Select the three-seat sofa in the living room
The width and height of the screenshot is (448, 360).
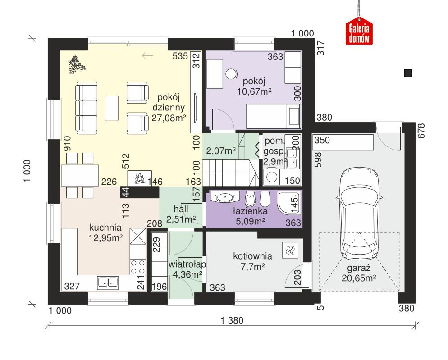[86, 108]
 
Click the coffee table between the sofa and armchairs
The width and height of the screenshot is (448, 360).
[112, 108]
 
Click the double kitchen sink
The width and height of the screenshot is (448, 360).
[108, 283]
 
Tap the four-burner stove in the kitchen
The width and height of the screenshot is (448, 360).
[138, 266]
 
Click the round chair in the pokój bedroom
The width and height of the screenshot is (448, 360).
[232, 73]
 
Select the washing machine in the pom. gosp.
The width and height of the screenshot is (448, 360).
[272, 177]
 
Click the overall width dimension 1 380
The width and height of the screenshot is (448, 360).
[232, 321]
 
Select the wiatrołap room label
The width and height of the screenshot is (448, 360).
[185, 264]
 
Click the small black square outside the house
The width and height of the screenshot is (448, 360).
[408, 73]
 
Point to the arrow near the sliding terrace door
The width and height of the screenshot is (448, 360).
[147, 56]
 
